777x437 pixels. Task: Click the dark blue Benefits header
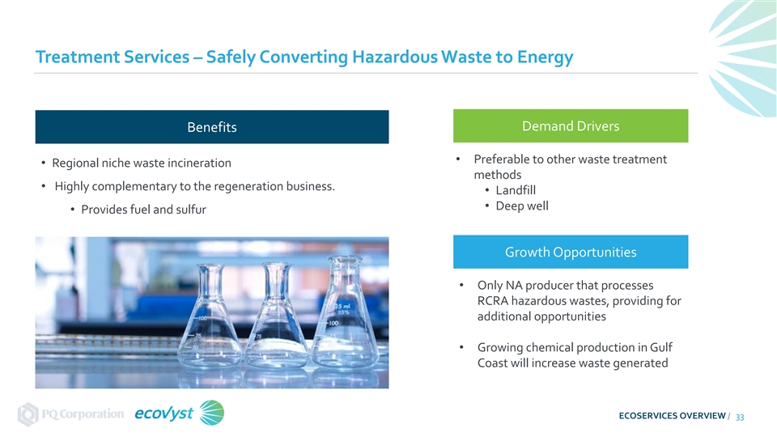tap(212, 127)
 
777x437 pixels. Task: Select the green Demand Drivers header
tap(571, 126)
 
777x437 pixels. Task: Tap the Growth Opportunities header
tap(571, 252)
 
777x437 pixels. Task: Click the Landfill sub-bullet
tap(516, 190)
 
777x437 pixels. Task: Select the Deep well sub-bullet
tap(522, 206)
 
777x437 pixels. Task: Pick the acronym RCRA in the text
tap(493, 301)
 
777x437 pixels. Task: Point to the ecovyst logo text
tap(163, 414)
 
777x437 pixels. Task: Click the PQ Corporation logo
tap(70, 414)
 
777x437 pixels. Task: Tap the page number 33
tap(739, 418)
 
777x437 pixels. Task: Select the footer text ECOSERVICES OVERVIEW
tap(672, 416)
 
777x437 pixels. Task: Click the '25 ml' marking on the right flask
tap(342, 306)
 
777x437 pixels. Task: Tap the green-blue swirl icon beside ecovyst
tap(211, 413)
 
